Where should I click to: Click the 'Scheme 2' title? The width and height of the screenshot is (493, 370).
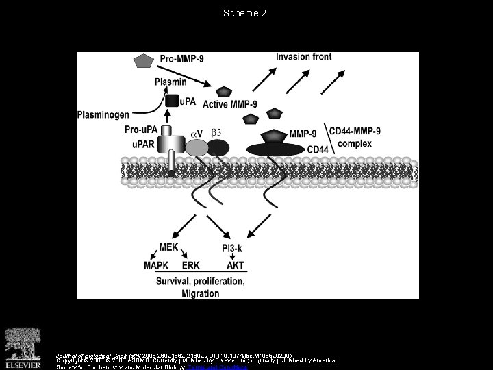(x=246, y=12)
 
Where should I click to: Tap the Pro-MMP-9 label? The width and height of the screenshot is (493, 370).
(x=186, y=60)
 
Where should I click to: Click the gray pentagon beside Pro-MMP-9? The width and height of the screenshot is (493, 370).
(x=143, y=61)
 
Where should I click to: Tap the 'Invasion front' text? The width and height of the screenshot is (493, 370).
(x=303, y=56)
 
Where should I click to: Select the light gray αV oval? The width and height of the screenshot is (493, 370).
(x=197, y=147)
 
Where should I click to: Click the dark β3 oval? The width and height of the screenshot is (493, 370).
(x=218, y=147)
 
